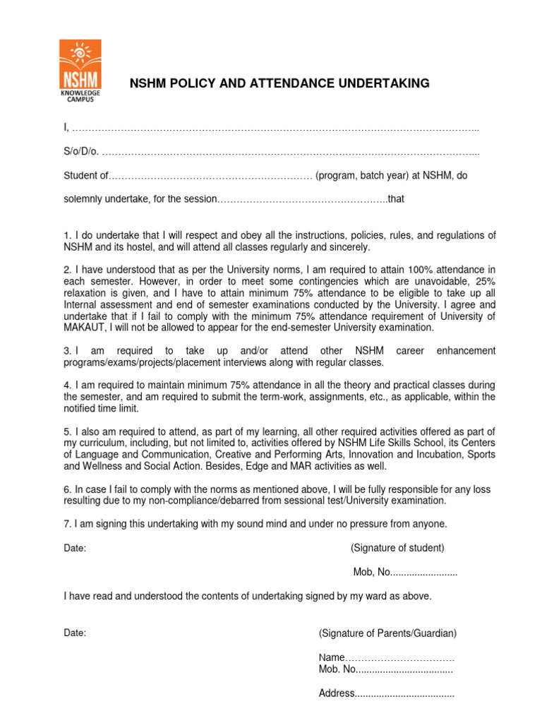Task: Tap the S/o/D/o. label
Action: (81, 153)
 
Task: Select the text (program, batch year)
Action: (363, 176)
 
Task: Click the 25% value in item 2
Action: (485, 281)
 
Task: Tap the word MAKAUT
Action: (85, 328)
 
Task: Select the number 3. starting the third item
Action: (68, 351)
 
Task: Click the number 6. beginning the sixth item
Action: (68, 489)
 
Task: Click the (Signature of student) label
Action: (397, 547)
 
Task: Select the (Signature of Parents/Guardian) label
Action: (387, 633)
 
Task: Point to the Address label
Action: (337, 693)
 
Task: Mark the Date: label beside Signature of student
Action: (75, 547)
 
